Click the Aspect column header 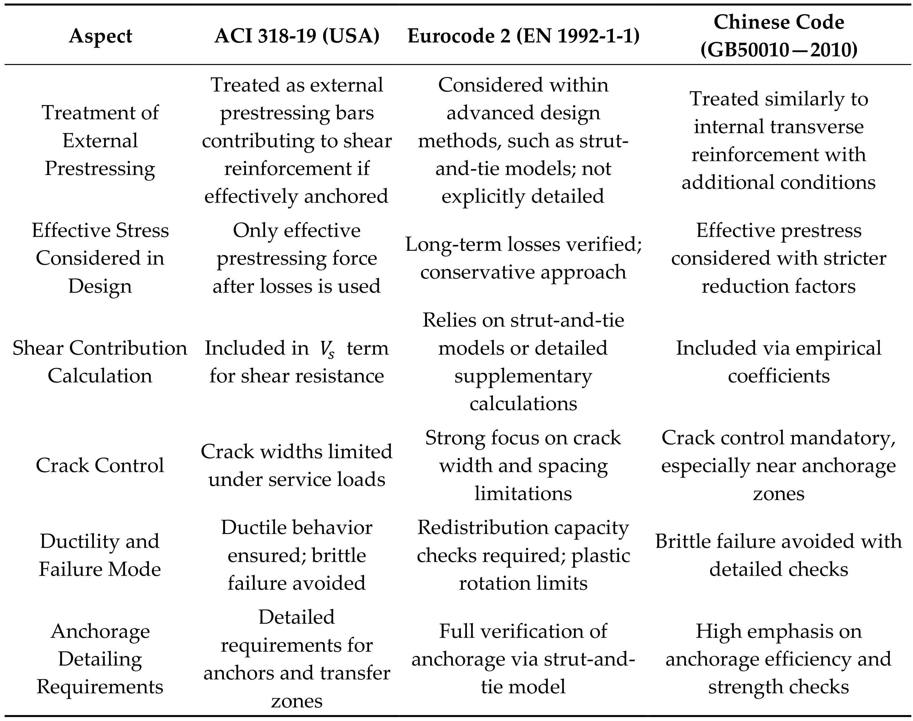[x=101, y=36]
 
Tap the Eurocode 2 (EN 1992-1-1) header [x=523, y=36]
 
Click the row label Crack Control [x=100, y=466]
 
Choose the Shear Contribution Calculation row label [x=100, y=362]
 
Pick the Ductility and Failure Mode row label [x=100, y=555]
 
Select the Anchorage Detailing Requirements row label [x=100, y=659]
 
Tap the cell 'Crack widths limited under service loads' [x=297, y=466]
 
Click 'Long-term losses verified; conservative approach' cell [x=523, y=258]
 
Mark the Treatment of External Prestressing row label [x=100, y=141]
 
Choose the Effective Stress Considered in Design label [x=100, y=258]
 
